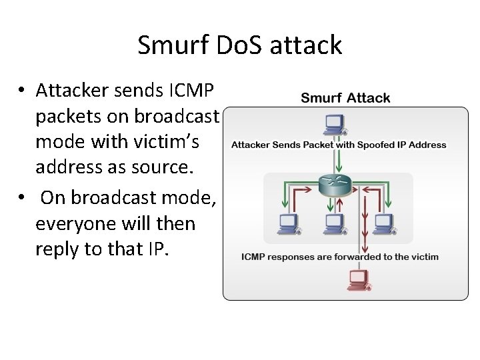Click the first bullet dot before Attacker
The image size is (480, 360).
(23, 90)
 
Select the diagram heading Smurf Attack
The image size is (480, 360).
(345, 98)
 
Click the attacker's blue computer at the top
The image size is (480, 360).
(333, 124)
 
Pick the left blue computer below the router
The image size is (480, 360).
(287, 222)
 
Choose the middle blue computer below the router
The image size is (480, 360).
(333, 222)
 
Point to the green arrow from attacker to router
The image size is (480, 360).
(339, 160)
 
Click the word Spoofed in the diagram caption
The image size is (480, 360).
(372, 145)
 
